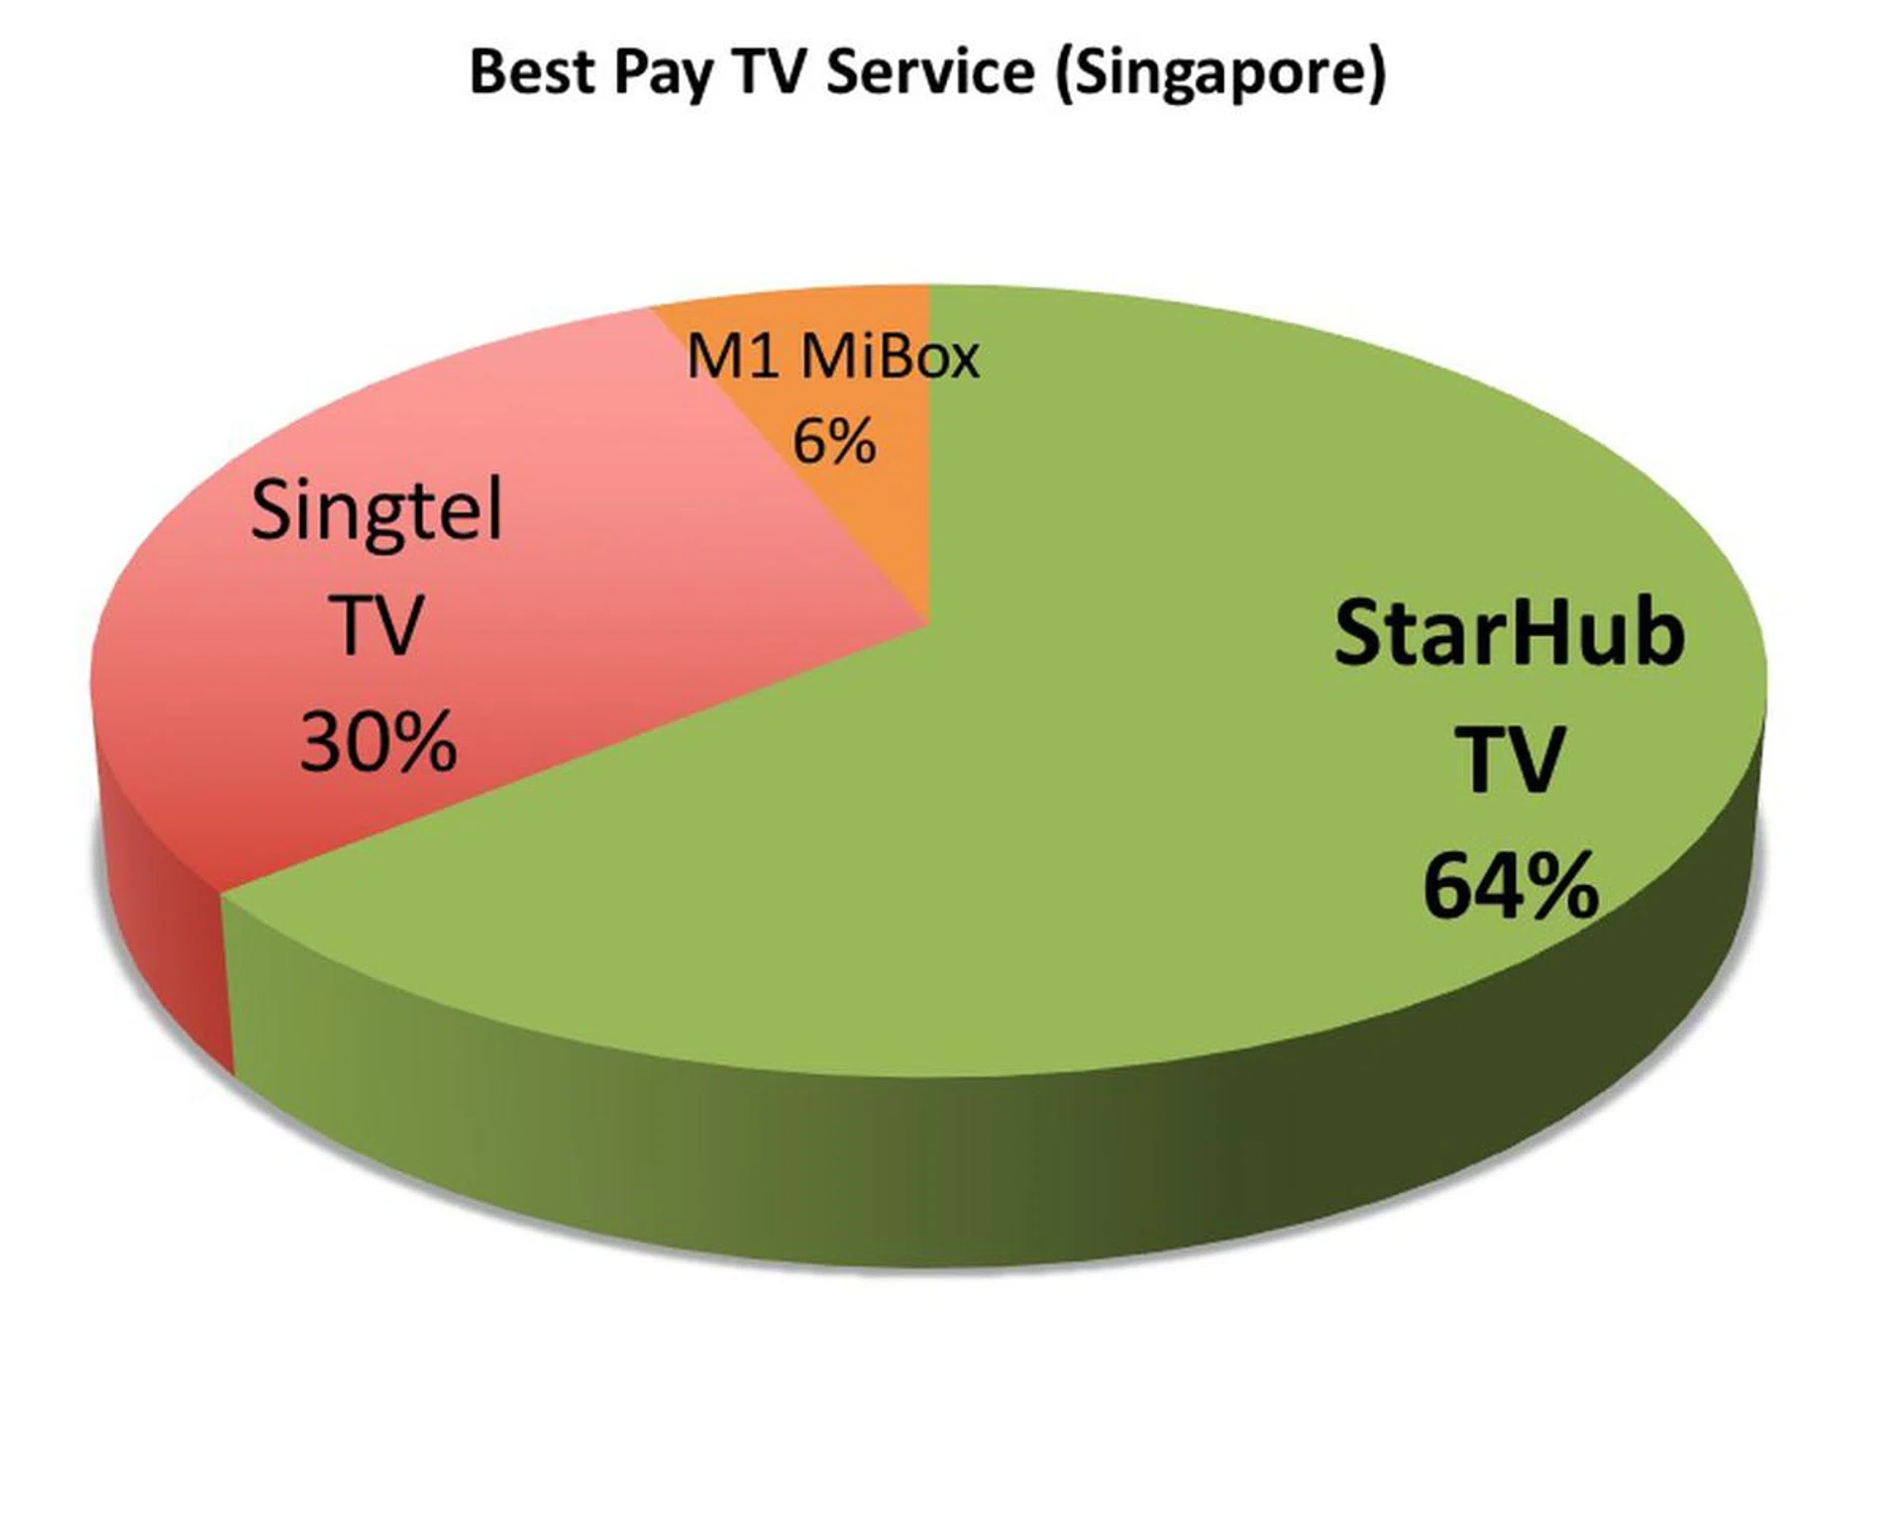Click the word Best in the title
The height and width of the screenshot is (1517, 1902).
(x=532, y=71)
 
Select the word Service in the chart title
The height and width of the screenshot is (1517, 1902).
(x=930, y=71)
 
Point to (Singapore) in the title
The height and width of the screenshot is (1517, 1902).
(x=1220, y=75)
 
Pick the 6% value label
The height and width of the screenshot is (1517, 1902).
(x=834, y=441)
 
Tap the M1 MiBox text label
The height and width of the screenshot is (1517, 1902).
(x=833, y=356)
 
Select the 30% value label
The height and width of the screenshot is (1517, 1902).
(x=378, y=741)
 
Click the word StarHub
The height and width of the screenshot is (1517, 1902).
(x=1509, y=632)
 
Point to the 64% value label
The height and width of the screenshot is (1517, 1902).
(x=1511, y=885)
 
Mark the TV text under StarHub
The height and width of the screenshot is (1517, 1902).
(x=1510, y=759)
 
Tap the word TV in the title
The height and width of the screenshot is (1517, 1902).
(x=770, y=71)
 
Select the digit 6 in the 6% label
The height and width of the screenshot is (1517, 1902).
(x=809, y=441)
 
